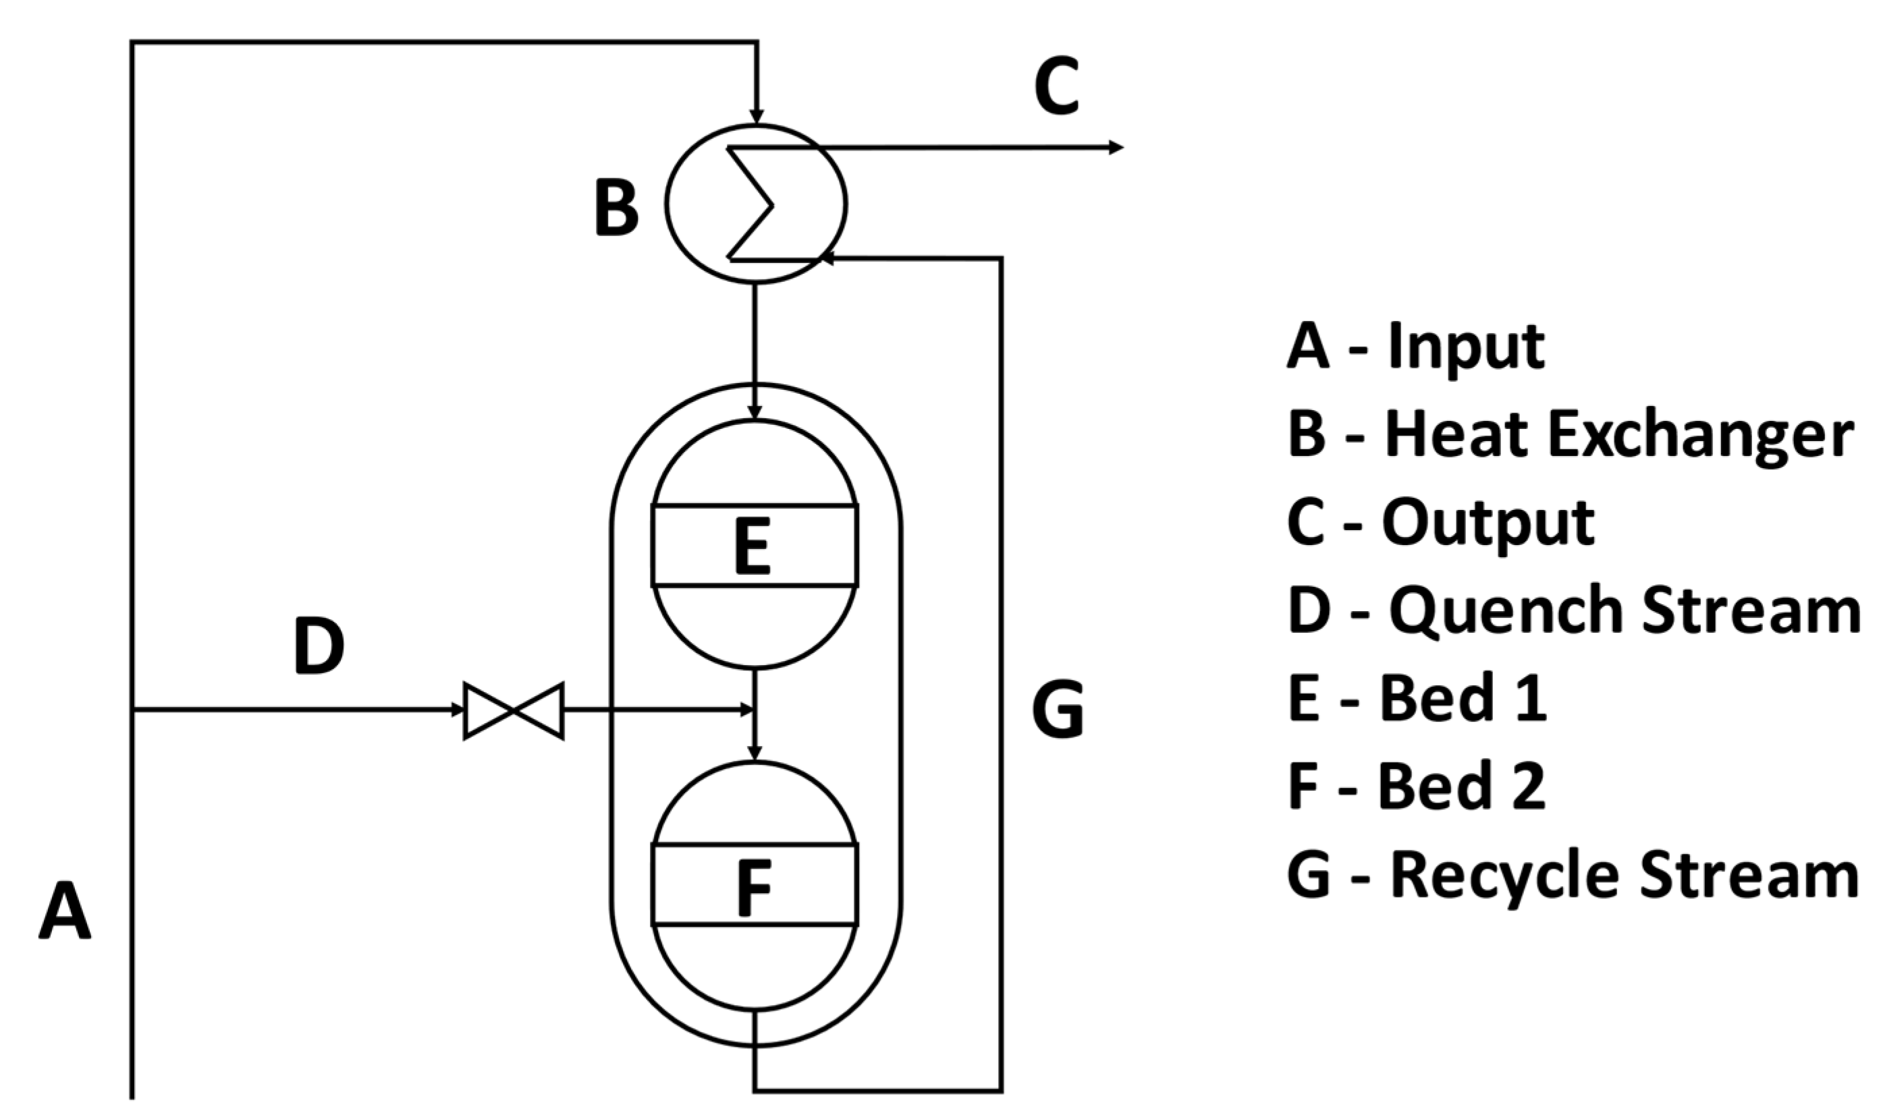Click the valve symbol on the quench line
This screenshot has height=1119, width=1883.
513,710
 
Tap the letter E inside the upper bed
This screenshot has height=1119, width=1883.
752,546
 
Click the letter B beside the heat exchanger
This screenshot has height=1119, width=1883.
616,207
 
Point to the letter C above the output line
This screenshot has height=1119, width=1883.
1056,87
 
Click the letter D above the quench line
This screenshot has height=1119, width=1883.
319,645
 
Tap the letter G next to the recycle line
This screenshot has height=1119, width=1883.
1058,710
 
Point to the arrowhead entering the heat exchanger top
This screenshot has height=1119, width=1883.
756,116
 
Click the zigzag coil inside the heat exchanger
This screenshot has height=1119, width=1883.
751,204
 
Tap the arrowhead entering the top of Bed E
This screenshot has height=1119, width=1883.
755,411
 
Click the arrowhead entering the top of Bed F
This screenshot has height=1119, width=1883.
755,753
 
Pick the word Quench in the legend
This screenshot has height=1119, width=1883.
1505,612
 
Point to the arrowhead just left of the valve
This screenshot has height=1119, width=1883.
456,710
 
